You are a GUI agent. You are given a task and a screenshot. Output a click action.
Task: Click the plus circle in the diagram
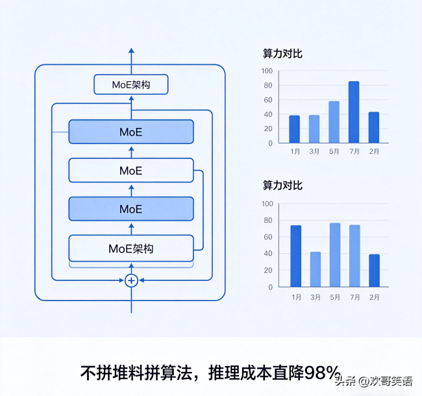(131, 280)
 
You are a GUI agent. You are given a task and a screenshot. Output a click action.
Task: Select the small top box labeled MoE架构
(131, 84)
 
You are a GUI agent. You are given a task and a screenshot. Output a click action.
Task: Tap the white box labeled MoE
(131, 171)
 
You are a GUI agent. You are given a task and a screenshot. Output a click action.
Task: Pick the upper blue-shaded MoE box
(131, 132)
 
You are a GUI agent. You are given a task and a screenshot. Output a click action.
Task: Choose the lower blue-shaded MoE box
(131, 209)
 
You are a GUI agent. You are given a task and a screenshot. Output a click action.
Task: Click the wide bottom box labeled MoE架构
(131, 248)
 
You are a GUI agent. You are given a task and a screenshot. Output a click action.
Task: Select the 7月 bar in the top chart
(354, 112)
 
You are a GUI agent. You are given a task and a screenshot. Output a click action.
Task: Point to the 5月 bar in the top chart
(334, 122)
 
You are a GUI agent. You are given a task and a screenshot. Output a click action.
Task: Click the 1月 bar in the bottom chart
(296, 256)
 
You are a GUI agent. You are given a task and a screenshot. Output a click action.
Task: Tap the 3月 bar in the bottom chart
(316, 269)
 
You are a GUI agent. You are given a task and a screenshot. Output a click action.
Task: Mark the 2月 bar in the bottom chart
(374, 271)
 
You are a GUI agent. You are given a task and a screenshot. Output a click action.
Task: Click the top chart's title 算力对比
(282, 53)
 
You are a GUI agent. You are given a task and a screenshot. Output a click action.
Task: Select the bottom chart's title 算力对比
(282, 186)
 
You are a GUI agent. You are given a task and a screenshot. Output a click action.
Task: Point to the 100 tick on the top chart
(267, 71)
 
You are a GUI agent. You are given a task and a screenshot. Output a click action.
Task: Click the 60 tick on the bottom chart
(268, 237)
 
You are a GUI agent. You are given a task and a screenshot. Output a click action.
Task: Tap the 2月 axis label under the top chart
(374, 151)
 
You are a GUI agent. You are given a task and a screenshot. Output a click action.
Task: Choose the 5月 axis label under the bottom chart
(335, 297)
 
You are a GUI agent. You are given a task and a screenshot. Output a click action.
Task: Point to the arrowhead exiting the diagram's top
(131, 51)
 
